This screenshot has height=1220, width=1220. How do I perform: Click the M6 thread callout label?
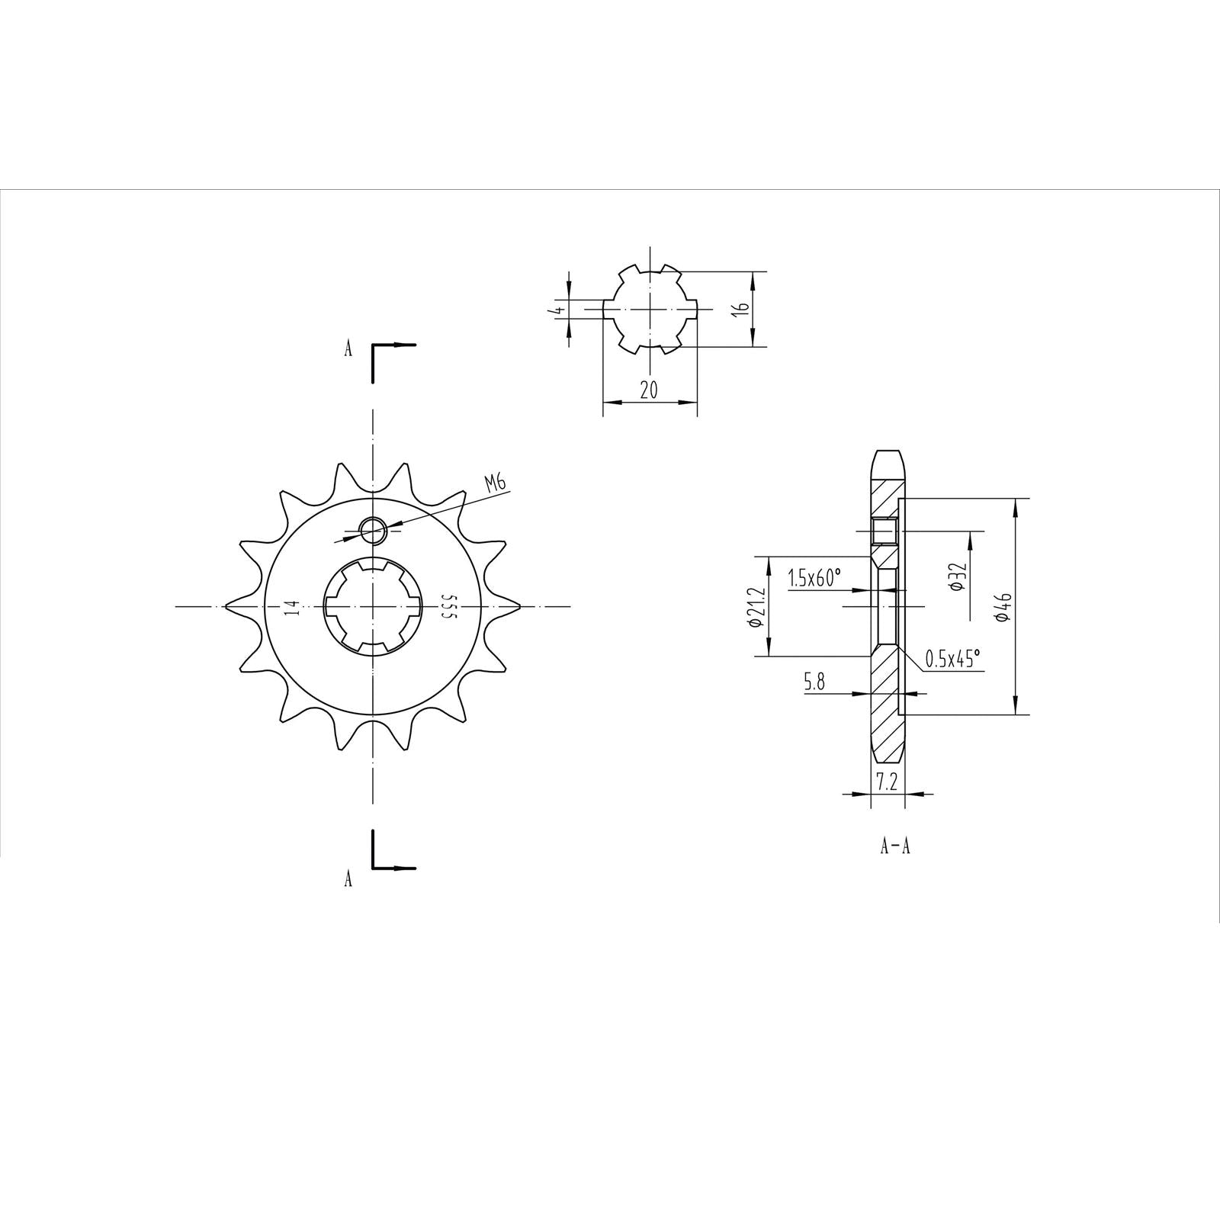coord(495,483)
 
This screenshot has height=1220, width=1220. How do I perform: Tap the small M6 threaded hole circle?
coord(373,530)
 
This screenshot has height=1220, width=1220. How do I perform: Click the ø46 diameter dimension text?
coord(1003,607)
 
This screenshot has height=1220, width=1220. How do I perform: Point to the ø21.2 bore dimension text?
coord(756,607)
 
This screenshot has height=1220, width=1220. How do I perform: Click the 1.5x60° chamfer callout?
coord(814,579)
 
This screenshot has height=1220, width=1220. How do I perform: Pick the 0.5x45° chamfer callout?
coord(952,658)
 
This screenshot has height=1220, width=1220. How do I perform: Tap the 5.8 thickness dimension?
coord(814,682)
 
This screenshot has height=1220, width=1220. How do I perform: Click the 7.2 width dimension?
coord(887,782)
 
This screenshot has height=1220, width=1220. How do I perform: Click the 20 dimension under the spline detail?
coord(649,390)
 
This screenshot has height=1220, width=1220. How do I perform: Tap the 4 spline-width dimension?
coord(560,310)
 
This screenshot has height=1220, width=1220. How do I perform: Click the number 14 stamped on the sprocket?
coord(291,607)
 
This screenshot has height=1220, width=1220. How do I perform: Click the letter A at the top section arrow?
coord(348,349)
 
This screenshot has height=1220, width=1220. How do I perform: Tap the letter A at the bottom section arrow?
coord(348,879)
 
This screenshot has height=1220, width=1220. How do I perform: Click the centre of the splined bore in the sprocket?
coord(373,607)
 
